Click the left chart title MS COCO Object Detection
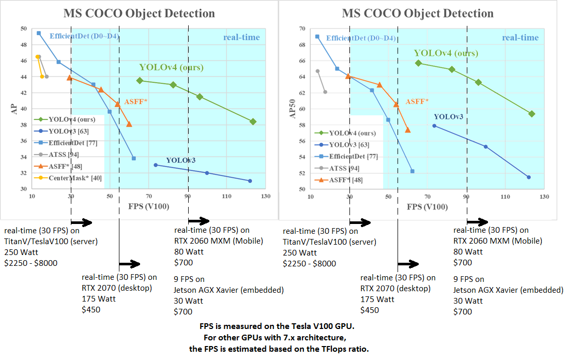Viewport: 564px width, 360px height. (139, 13)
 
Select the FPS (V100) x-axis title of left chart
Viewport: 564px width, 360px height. (149, 207)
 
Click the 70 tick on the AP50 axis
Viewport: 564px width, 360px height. (302, 29)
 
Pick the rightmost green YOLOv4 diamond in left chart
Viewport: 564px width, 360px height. (253, 122)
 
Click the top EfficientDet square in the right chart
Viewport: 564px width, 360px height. (317, 37)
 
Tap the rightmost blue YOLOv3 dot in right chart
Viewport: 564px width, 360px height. (528, 177)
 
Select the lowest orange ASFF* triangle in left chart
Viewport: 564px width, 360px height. (129, 124)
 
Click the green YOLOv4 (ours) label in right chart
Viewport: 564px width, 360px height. (446, 53)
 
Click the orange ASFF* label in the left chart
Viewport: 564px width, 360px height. (136, 101)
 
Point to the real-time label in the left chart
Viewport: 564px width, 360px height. (241, 37)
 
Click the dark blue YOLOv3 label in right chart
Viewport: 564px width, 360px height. (448, 117)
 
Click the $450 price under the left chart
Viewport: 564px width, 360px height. (91, 309)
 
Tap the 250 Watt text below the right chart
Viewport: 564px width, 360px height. (300, 252)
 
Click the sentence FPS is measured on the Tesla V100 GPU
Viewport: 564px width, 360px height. (281, 327)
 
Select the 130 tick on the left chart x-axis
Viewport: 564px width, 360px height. (266, 197)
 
